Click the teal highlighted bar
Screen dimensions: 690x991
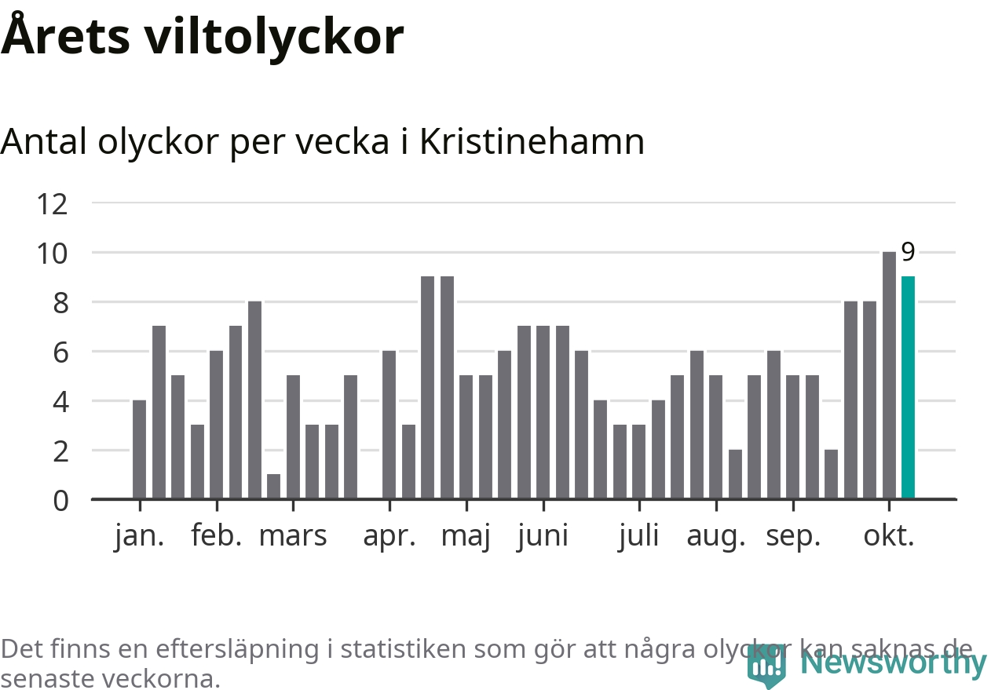908,388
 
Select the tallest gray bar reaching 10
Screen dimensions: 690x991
889,375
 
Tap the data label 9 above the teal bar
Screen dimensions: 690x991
908,253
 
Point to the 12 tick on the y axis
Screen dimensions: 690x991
53,204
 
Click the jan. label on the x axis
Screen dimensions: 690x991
139,536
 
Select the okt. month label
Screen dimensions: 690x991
889,536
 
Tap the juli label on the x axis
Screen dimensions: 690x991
638,536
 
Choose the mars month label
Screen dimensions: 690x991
292,536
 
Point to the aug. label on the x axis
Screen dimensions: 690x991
715,536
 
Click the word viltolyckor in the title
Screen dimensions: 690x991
273,36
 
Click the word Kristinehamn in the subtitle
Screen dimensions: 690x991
532,142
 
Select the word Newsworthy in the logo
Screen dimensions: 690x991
893,664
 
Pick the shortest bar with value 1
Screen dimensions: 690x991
273,487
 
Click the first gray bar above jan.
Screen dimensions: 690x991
139,450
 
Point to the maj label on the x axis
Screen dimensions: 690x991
466,536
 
